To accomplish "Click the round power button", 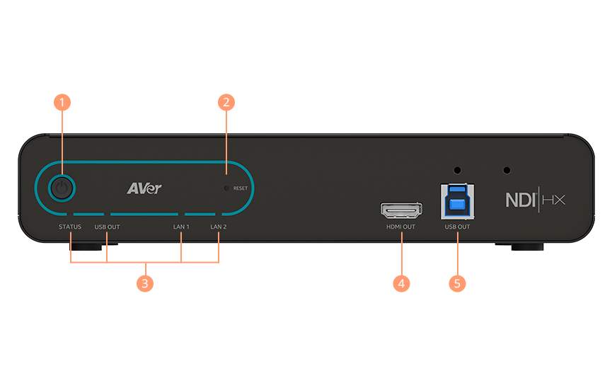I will coord(62,188).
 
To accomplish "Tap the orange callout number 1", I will coord(62,102).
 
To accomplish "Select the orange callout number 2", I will coord(226,102).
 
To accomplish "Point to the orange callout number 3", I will coord(144,283).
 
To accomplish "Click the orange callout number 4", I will coord(401,283).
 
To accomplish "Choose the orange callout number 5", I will coord(457,283).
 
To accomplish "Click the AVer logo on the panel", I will coord(144,188).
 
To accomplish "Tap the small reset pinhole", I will coord(226,188).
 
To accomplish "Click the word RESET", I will coord(241,188).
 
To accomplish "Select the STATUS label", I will coord(70,227).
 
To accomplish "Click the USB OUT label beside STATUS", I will coord(107,227).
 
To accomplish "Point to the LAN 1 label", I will coord(181,227).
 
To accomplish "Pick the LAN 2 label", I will coord(218,227).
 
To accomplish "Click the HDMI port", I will coord(401,210).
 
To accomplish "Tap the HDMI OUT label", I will coord(400,227).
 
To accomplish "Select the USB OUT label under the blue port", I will coord(457,227).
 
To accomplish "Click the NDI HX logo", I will coord(535,200).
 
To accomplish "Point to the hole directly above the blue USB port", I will coord(457,171).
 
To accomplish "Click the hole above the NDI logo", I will coord(507,171).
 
